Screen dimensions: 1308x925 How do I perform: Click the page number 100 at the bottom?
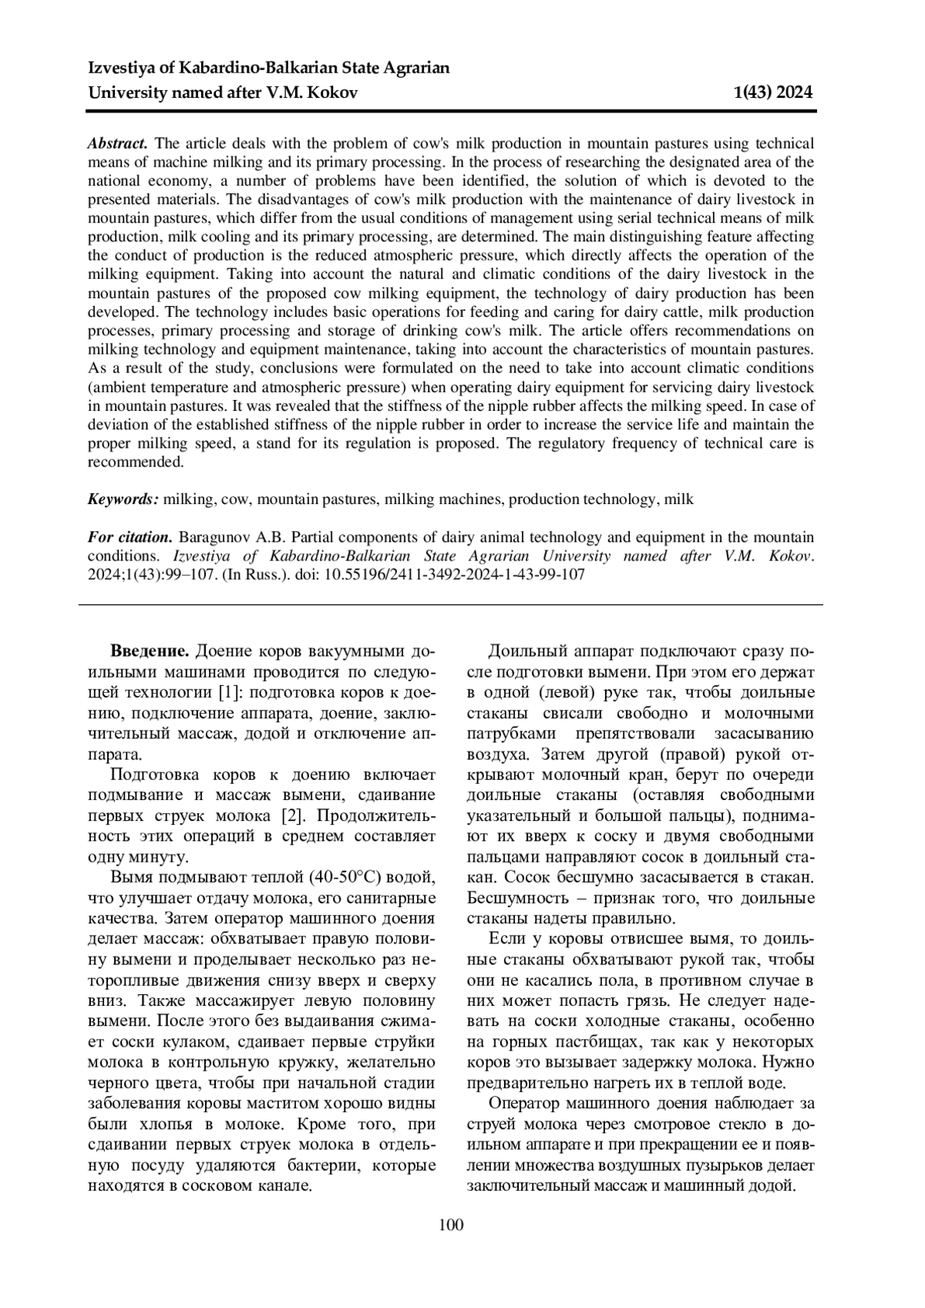click(x=451, y=1225)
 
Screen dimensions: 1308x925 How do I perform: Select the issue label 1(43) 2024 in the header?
click(x=772, y=93)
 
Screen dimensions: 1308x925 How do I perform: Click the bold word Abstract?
click(x=118, y=143)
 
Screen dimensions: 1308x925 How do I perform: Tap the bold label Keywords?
click(x=123, y=499)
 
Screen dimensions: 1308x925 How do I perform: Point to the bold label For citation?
click(x=129, y=537)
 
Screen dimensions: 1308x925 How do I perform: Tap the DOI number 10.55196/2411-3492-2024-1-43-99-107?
click(x=455, y=575)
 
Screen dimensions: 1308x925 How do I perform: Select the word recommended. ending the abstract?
click(x=135, y=462)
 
